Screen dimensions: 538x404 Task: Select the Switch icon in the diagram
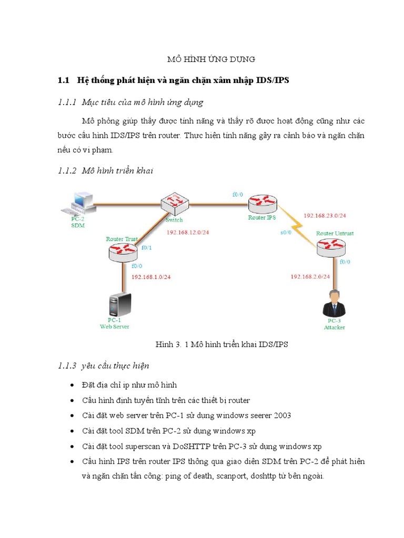175,202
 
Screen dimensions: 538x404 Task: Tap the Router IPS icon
262,202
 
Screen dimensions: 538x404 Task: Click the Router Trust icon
122,252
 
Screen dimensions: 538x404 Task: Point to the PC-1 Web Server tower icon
119,303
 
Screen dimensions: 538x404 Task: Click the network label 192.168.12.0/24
188,232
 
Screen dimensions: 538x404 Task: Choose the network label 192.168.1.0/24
151,276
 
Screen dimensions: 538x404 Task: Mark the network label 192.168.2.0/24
310,276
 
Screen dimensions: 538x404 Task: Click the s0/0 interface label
287,232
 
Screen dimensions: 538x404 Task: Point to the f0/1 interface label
147,247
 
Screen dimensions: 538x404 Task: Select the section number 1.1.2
67,170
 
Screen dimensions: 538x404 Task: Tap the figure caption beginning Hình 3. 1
221,344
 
